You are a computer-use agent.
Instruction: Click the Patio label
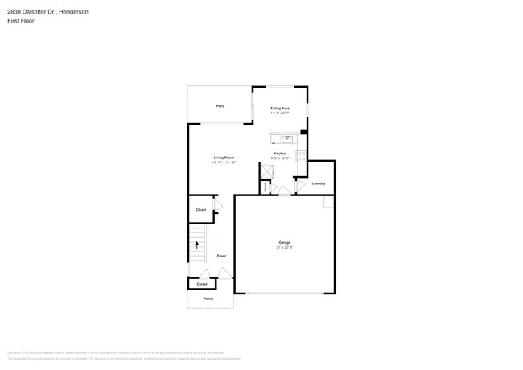coord(220,106)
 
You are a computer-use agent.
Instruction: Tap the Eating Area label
coord(280,108)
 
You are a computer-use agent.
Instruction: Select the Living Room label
coord(224,158)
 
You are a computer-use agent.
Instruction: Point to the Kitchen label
coord(280,153)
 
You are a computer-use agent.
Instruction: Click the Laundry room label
coord(319,183)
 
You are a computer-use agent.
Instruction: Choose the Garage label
coord(285,242)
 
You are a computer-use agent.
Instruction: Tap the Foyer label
coord(221,256)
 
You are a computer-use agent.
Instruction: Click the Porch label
coord(208,298)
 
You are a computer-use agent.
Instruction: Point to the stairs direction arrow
coord(196,245)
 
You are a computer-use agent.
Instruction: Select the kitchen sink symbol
coord(286,138)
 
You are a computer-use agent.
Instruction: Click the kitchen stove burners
coord(301,155)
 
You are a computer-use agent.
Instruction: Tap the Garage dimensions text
coord(285,248)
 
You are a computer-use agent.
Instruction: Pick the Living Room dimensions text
coord(224,162)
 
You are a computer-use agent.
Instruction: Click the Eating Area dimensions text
coord(280,113)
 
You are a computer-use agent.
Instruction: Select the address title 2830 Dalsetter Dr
coord(47,12)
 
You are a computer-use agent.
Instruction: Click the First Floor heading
coord(21,21)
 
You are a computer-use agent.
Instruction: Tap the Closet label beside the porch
coord(202,284)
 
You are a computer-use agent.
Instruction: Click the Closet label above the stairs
coord(200,210)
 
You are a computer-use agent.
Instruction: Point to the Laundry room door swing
coord(299,187)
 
